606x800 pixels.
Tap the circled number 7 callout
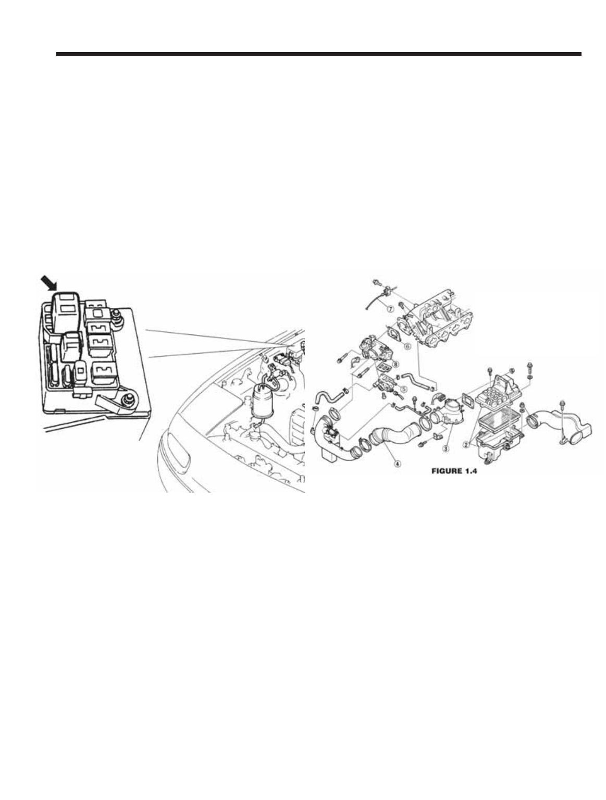click(389, 308)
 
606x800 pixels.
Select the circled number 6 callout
click(408, 345)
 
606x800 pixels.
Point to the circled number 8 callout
click(397, 365)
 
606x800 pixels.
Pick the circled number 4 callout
click(398, 463)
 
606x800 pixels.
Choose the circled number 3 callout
click(446, 447)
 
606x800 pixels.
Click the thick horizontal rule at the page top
click(318, 54)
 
